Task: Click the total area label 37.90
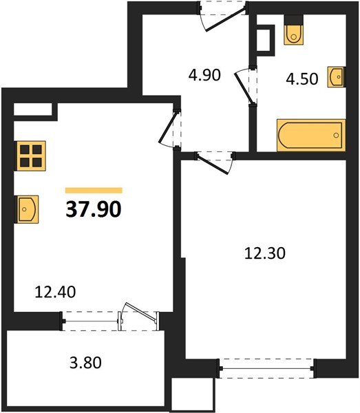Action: click(94, 208)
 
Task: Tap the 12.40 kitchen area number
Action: click(55, 292)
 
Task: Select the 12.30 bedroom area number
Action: click(265, 253)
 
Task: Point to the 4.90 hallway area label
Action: click(204, 74)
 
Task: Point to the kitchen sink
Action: click(28, 208)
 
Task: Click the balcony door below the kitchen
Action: click(138, 319)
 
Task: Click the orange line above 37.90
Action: click(94, 190)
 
